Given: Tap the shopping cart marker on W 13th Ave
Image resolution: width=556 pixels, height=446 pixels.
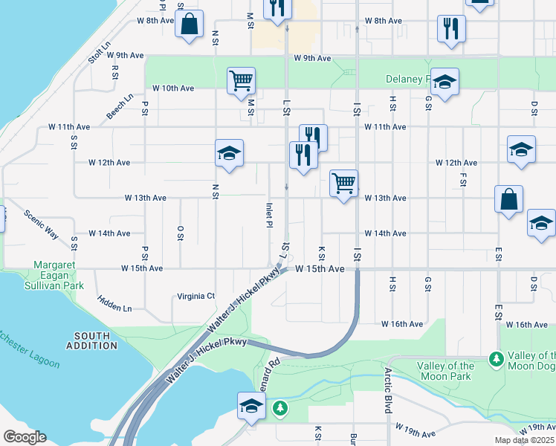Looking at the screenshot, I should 343,182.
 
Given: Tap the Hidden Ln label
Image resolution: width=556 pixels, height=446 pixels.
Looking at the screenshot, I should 114,303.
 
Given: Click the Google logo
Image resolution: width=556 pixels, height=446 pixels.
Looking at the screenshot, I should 25,437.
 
